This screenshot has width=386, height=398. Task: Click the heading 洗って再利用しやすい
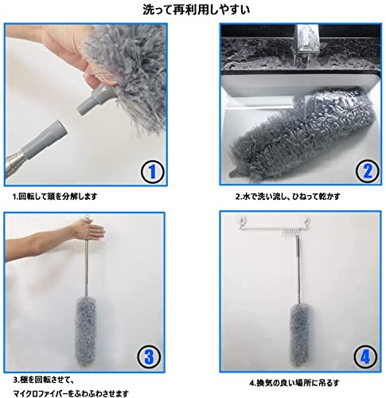coord(197,10)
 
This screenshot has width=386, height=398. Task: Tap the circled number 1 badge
coord(152,172)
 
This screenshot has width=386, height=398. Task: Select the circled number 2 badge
coord(368,171)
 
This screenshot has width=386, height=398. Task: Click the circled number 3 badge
coord(150,357)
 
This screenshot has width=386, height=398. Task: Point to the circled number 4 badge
coord(365,357)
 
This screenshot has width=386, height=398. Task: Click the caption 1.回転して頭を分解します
coord(55,197)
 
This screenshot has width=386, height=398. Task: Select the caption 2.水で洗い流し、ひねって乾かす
coord(288,197)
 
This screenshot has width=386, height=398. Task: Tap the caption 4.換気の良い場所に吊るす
coord(294,383)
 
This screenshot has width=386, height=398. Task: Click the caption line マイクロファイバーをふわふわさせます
coord(71,393)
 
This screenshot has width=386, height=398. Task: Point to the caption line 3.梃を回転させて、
coord(43,380)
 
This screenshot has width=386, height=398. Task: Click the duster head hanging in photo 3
coord(86,332)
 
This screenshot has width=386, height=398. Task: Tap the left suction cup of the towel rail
coord(243,220)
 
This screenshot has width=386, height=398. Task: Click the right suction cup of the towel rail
coord(305,220)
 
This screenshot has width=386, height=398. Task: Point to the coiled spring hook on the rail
coord(288,233)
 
